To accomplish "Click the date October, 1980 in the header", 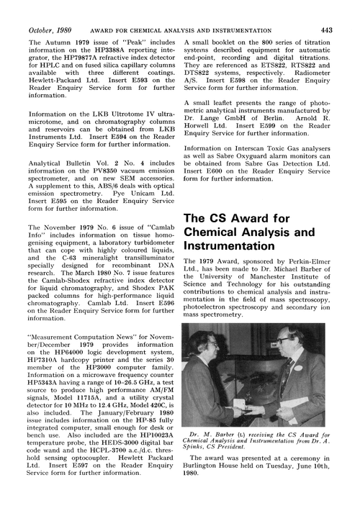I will [x=48, y=9].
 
